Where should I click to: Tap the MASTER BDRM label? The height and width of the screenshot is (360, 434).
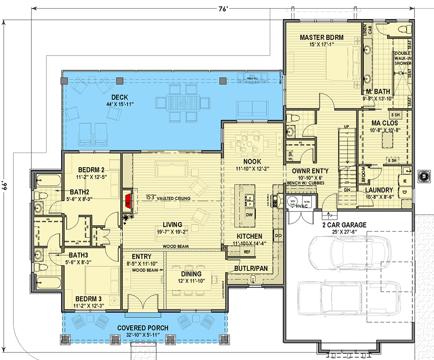(322, 38)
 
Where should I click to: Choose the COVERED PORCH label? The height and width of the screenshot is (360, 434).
(143, 328)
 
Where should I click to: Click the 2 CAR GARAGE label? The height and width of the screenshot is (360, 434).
(344, 225)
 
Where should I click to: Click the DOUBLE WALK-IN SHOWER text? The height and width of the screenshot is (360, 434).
(402, 59)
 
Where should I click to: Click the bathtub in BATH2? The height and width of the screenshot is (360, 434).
(45, 179)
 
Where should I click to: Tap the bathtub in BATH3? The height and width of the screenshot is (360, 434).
(45, 282)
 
